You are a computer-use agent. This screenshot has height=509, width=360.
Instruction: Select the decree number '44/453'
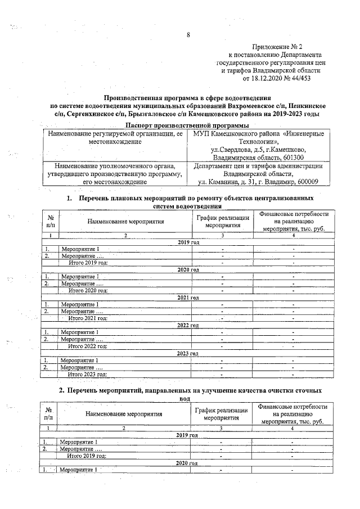click(x=299, y=79)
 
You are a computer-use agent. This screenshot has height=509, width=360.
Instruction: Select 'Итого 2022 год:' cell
click(x=88, y=346)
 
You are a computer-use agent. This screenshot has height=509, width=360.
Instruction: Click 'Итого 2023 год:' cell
click(x=88, y=373)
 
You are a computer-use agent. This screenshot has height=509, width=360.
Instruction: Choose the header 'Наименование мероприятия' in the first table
click(x=125, y=222)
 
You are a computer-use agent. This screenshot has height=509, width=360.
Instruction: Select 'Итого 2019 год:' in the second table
click(x=87, y=456)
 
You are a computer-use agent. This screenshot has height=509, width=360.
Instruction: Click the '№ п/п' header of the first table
click(x=51, y=221)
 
